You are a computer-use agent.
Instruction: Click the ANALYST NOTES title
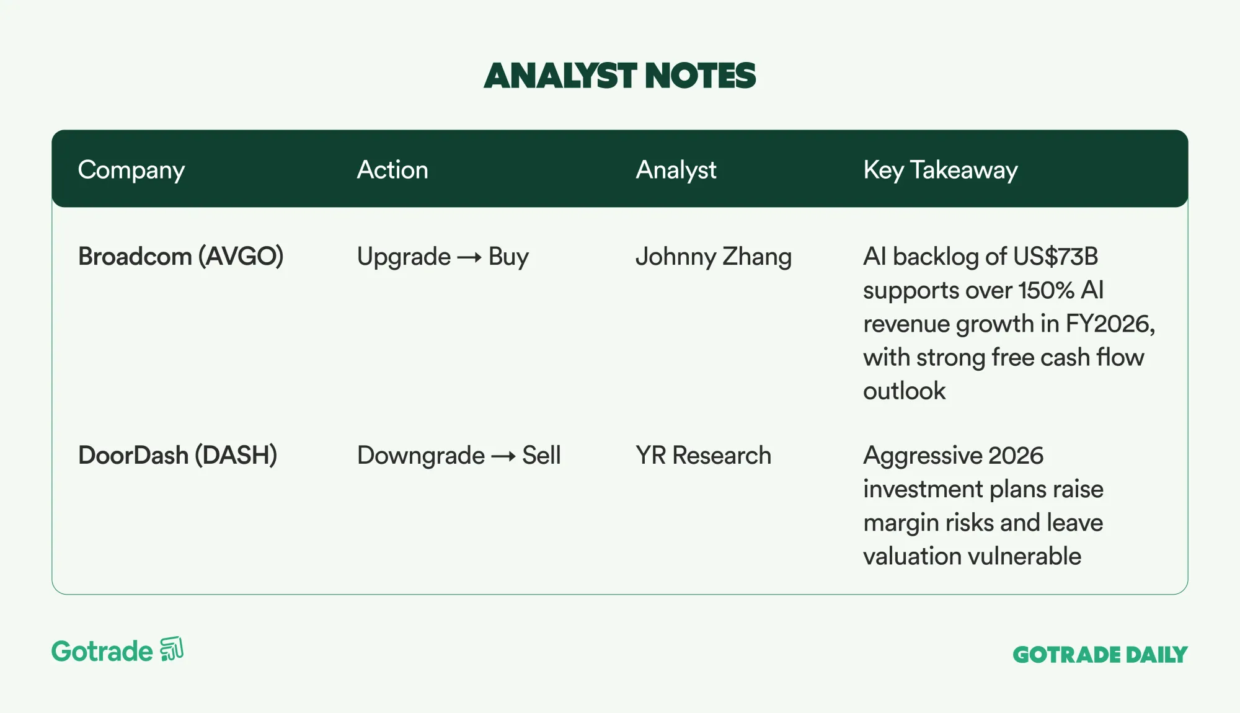click(x=620, y=76)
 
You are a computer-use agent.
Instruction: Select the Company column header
click(x=131, y=170)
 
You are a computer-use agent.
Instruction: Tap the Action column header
click(x=392, y=170)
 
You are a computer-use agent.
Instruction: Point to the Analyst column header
click(x=676, y=170)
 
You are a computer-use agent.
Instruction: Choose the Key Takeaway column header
click(x=941, y=170)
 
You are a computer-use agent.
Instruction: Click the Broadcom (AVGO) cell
click(x=181, y=257)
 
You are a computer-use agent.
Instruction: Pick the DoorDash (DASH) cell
click(x=178, y=456)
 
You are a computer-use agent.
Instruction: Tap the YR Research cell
click(x=704, y=456)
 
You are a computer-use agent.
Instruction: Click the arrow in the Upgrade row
click(x=469, y=257)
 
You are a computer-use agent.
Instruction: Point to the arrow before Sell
click(x=503, y=457)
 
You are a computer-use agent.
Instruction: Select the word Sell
click(x=541, y=456)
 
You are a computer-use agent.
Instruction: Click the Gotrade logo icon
click(x=172, y=649)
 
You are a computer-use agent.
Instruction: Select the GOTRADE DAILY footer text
click(x=1100, y=655)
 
